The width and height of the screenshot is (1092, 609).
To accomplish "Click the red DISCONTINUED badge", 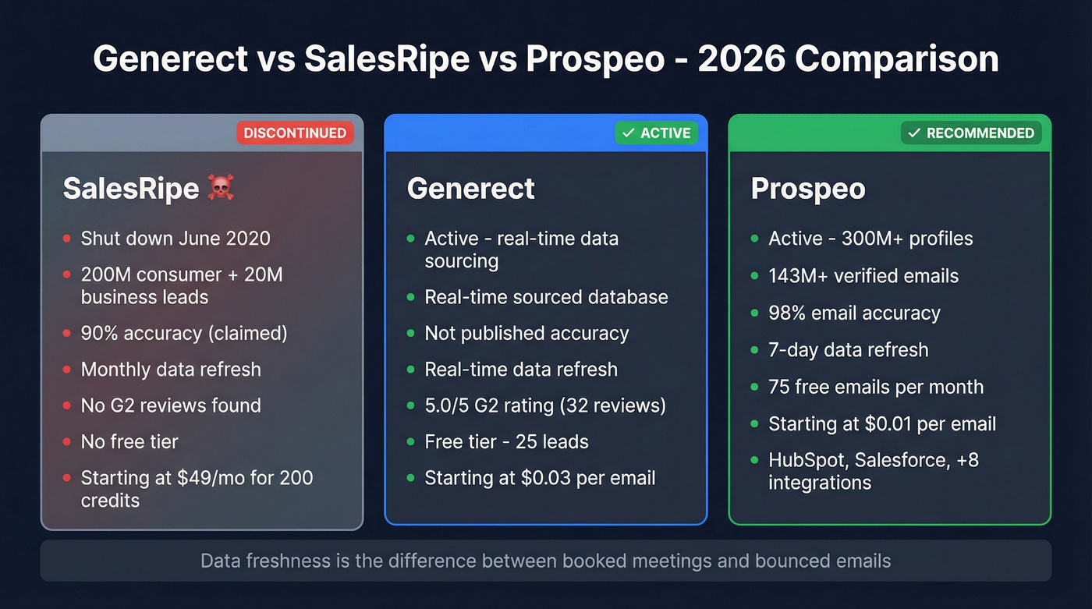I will point(295,133).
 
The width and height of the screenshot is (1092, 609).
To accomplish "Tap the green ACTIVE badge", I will point(656,133).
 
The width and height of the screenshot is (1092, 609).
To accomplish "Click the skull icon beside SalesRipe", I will point(220,188).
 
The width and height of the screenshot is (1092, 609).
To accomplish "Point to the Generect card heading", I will point(471,189).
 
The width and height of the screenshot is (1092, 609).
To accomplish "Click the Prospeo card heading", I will point(808,189).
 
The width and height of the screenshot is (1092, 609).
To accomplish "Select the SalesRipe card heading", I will point(131,189).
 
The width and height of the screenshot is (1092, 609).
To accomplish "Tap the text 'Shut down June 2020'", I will point(175,239).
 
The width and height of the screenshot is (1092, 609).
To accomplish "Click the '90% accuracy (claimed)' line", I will point(184,333).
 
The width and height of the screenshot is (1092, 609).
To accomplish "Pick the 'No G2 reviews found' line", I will point(171,405).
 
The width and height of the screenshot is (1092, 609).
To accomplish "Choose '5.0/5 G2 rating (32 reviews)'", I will point(545,405).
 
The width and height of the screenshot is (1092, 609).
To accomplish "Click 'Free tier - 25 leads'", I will point(506,441).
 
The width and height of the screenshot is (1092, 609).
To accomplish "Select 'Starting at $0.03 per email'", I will point(540,478).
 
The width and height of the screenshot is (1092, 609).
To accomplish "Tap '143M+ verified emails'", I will point(863,276).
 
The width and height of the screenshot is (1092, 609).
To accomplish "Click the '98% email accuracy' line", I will point(854,313).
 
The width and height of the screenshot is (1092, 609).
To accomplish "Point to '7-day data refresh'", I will point(849,349).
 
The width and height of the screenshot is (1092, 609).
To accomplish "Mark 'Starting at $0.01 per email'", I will point(882,423).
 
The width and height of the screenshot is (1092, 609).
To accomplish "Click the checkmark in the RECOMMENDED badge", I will point(915,133).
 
